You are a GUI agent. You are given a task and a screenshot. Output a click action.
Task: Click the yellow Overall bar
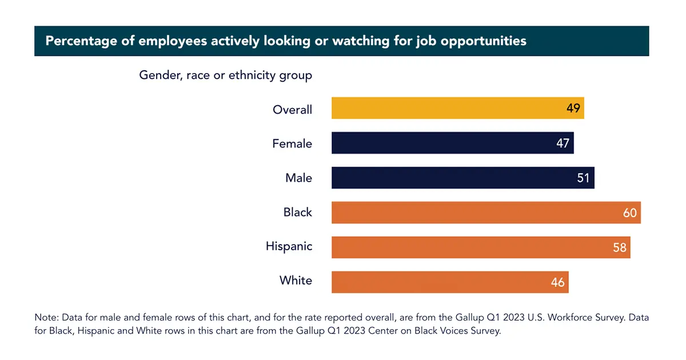pyautogui.click(x=446, y=108)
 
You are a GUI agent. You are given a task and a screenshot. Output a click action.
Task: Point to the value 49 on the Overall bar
pyautogui.click(x=573, y=108)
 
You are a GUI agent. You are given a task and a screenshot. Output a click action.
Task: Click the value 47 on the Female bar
pyautogui.click(x=563, y=143)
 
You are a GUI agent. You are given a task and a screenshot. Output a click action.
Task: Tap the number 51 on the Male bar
pyautogui.click(x=583, y=178)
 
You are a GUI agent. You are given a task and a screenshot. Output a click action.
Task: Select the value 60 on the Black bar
pyautogui.click(x=629, y=213)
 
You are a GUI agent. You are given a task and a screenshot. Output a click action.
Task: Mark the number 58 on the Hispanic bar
pyautogui.click(x=620, y=247)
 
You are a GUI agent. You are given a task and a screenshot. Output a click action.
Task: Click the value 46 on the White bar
pyautogui.click(x=557, y=282)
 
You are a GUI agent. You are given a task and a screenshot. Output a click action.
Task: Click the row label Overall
pyautogui.click(x=292, y=109)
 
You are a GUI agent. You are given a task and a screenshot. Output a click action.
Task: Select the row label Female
pyautogui.click(x=292, y=143)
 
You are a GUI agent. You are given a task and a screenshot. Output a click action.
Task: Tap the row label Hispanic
pyautogui.click(x=289, y=246)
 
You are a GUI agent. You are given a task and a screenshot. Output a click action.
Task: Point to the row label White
pyautogui.click(x=296, y=281)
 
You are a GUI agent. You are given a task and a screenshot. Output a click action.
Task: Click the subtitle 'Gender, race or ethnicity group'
pyautogui.click(x=226, y=75)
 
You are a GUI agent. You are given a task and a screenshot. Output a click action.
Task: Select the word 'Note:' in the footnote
pyautogui.click(x=46, y=317)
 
